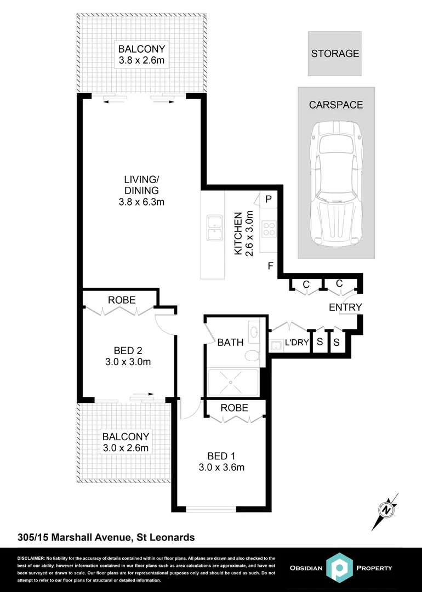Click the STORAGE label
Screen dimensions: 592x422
pyautogui.click(x=335, y=54)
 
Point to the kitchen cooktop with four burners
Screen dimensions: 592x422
pyautogui.click(x=269, y=228)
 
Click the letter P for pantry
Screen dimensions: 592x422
pyautogui.click(x=269, y=200)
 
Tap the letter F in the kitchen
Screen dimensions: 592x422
pyautogui.click(x=270, y=267)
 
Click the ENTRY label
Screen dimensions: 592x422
pyautogui.click(x=345, y=308)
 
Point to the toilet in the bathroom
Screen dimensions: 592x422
pyautogui.click(x=252, y=355)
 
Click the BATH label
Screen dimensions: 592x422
pyautogui.click(x=231, y=343)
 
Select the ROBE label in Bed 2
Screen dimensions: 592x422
pyautogui.click(x=122, y=300)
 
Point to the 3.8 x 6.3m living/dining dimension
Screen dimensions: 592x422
pyautogui.click(x=141, y=202)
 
